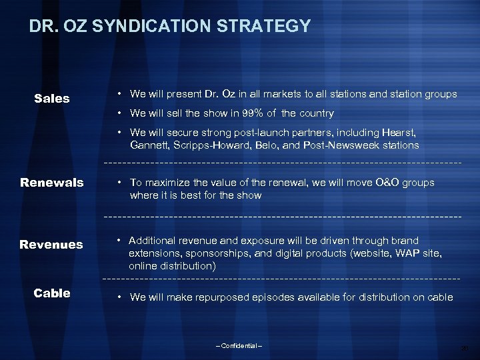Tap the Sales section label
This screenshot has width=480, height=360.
(x=52, y=99)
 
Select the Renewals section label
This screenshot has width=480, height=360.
(x=52, y=183)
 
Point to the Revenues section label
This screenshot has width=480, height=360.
(x=51, y=245)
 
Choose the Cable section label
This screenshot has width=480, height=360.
(x=52, y=293)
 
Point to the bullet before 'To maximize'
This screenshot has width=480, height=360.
(x=118, y=183)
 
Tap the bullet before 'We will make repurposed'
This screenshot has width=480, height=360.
(x=118, y=297)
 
